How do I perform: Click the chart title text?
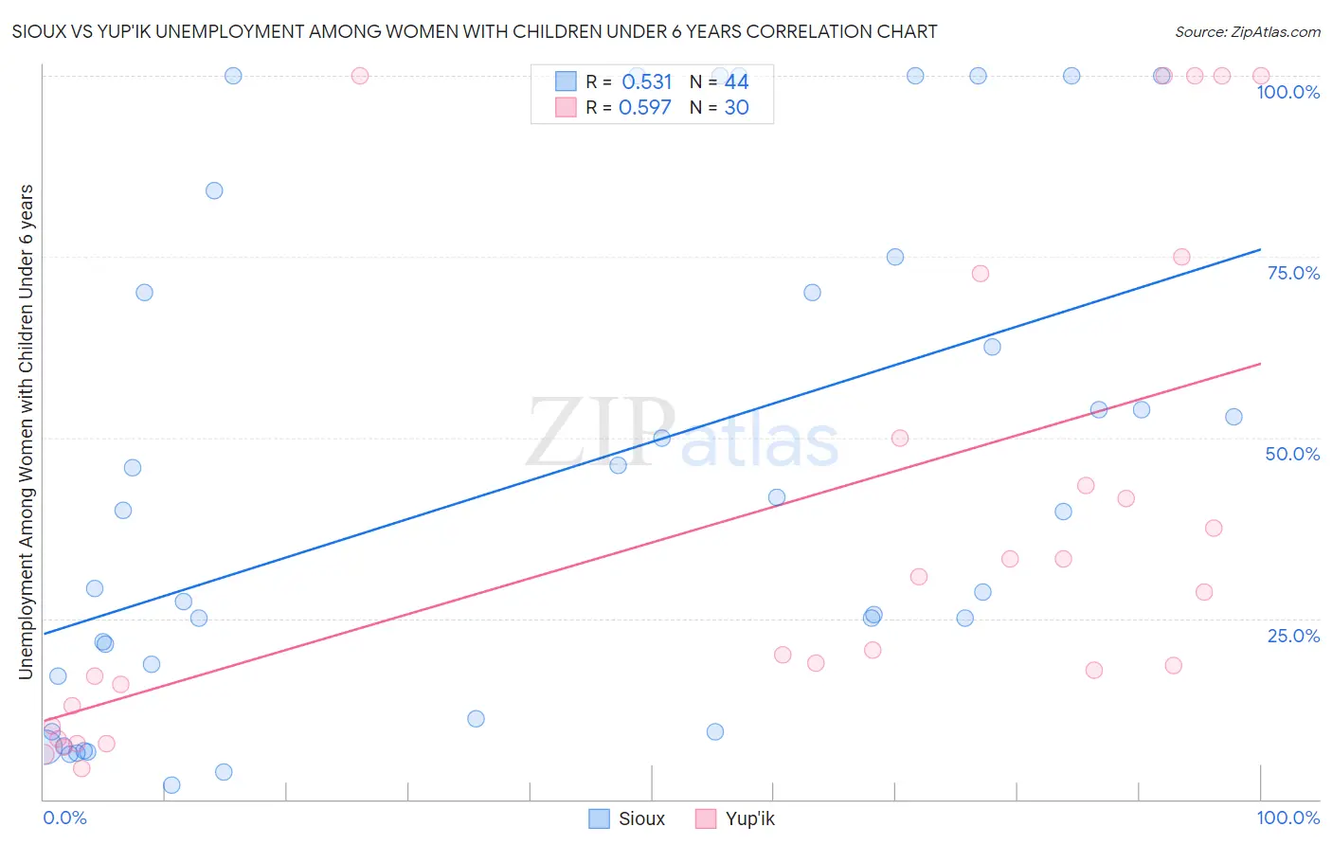[x=475, y=31]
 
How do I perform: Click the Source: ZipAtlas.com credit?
[x=1247, y=31]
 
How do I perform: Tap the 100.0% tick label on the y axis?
[x=1287, y=92]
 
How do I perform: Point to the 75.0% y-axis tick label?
[x=1293, y=273]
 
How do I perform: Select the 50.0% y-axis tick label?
[x=1292, y=454]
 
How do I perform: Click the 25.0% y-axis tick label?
[x=1293, y=635]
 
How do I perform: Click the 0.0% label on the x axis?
[x=65, y=818]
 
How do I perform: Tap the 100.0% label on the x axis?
[x=1287, y=818]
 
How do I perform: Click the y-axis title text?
[x=26, y=432]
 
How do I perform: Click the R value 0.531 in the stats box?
[x=646, y=82]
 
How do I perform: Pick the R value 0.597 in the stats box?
[x=645, y=107]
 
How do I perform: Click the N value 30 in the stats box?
[x=736, y=107]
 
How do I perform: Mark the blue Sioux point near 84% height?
[x=214, y=190]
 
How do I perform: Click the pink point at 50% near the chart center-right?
[x=900, y=438]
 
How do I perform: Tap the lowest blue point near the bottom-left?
[x=171, y=784]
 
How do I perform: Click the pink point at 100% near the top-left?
[x=360, y=76]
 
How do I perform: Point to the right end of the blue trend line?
[x=1260, y=249]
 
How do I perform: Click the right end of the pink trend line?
[x=1260, y=364]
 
